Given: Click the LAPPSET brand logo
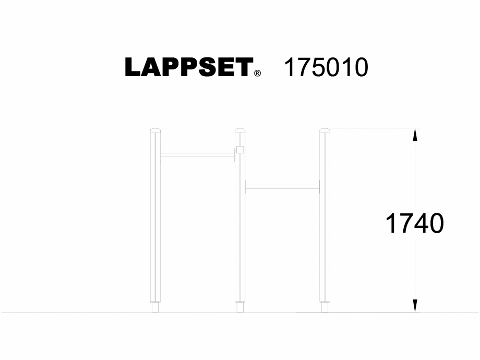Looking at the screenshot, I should click(x=188, y=68).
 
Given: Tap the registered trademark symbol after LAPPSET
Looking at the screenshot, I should click(x=257, y=74).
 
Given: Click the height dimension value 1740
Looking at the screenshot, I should click(x=414, y=224).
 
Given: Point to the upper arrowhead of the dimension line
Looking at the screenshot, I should click(x=415, y=135).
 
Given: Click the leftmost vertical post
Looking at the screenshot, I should click(x=155, y=219).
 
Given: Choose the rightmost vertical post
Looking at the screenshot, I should click(x=325, y=219).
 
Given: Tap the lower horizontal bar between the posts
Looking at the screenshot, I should click(x=282, y=186).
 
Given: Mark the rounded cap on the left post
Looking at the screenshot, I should click(x=155, y=130).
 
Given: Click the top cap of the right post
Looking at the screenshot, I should click(x=325, y=130).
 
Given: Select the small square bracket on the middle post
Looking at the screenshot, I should click(x=239, y=150).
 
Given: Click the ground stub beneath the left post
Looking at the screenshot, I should click(x=155, y=308).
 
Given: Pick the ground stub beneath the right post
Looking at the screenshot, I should click(x=325, y=308).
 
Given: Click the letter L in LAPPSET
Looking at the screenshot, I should click(x=134, y=68).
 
